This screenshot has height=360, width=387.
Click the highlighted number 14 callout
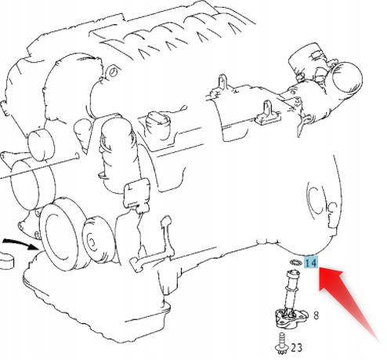click(x=311, y=263)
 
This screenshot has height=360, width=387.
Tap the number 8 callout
click(x=316, y=315)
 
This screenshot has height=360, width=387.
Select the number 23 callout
click(x=296, y=347)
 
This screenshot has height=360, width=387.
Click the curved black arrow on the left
click(x=22, y=243)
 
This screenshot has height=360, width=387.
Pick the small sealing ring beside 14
click(x=295, y=262)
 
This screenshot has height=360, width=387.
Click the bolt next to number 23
click(x=281, y=344)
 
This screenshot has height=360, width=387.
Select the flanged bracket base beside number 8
click(x=290, y=317)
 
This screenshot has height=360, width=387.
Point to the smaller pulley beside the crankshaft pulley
click(x=97, y=239)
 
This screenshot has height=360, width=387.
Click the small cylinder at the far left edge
click(x=5, y=260)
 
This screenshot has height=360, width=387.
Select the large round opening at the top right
click(x=347, y=78)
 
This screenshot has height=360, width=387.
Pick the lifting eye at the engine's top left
click(x=113, y=72)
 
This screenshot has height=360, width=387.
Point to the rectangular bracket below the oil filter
click(x=136, y=194)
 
